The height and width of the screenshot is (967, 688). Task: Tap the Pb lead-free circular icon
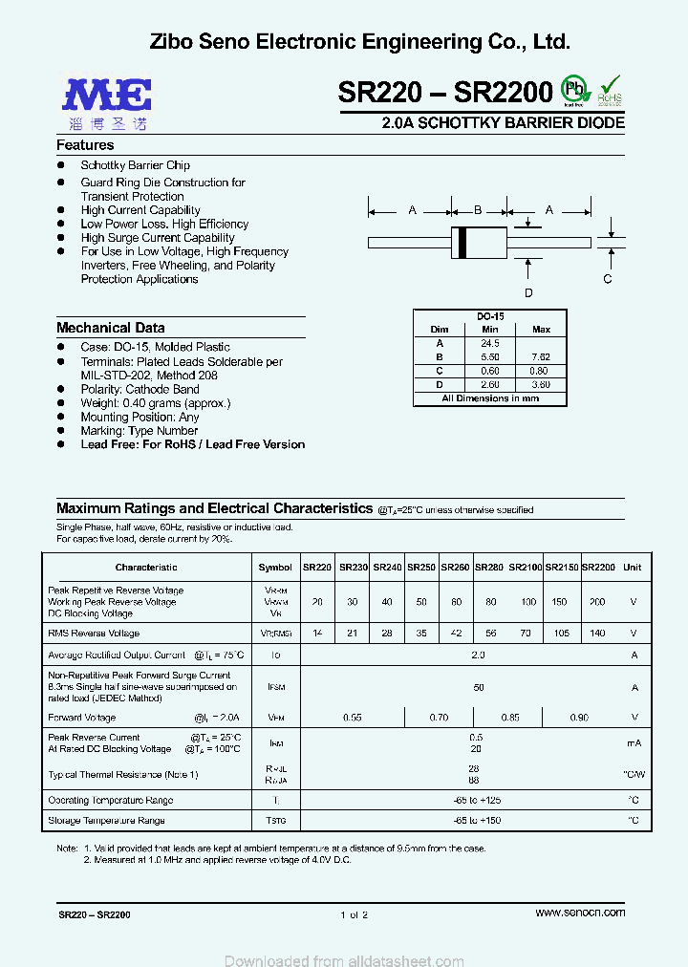click(572, 89)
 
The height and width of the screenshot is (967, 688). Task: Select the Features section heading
click(85, 145)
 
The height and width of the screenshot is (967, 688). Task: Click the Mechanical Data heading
click(110, 328)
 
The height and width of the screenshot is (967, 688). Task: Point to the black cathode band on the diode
click(463, 243)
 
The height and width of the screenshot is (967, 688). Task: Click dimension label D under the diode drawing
click(527, 293)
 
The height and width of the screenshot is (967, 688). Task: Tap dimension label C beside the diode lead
click(607, 279)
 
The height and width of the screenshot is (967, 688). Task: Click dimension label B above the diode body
click(478, 209)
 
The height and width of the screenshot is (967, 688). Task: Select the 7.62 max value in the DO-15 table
click(541, 356)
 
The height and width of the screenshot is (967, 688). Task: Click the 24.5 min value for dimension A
click(490, 343)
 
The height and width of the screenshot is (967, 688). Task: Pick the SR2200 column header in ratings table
click(598, 568)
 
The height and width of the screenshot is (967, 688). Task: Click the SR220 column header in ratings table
click(317, 568)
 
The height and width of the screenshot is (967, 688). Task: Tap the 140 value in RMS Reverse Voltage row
click(598, 634)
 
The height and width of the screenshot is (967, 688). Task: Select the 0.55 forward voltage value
click(353, 717)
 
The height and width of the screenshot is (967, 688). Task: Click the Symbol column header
click(275, 568)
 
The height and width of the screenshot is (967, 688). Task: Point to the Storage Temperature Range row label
click(106, 821)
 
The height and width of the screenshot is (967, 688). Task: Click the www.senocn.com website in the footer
click(580, 913)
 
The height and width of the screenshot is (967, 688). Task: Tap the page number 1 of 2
click(353, 915)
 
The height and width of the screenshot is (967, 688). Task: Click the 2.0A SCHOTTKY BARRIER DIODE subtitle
click(503, 123)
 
